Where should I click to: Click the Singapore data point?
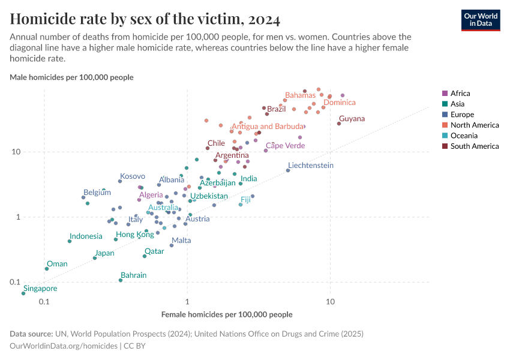(x=24, y=293)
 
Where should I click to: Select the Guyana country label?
(x=352, y=119)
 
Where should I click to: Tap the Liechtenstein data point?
(x=288, y=170)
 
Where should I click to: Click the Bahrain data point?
(x=121, y=280)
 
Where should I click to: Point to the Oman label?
(x=57, y=264)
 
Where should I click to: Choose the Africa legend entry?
(x=460, y=94)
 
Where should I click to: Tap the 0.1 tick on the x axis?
(x=44, y=301)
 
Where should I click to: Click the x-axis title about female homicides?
(x=227, y=314)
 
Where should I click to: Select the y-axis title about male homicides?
(x=71, y=77)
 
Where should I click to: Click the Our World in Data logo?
(x=480, y=20)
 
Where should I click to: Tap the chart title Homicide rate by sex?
(x=145, y=19)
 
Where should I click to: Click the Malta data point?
(x=172, y=245)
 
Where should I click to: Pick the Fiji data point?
(x=241, y=205)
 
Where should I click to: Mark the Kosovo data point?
(x=120, y=181)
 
